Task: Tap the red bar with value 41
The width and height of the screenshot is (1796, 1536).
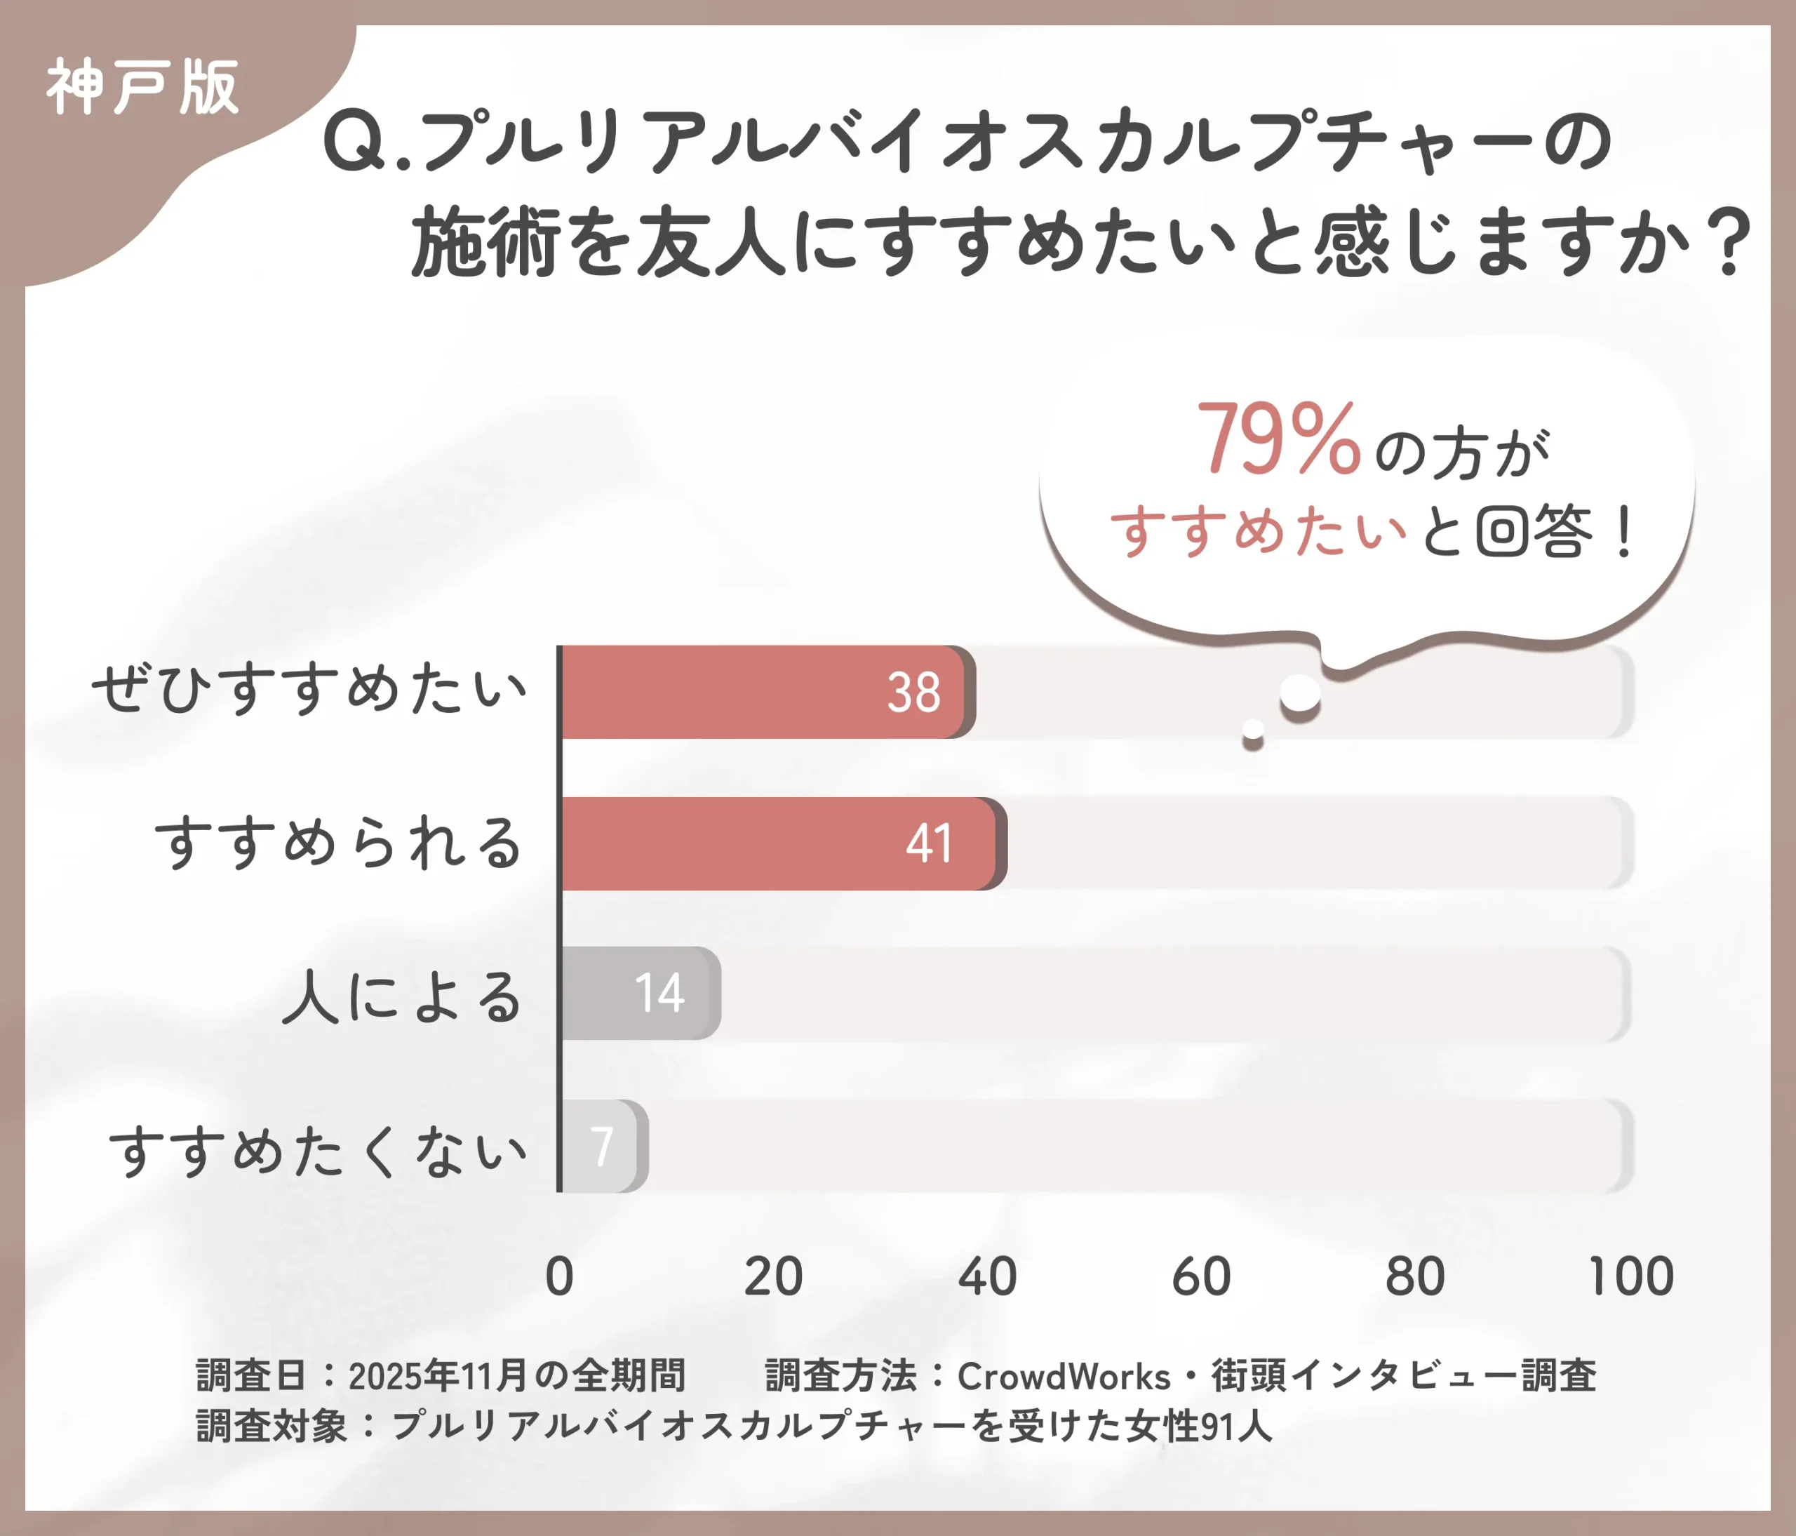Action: coord(780,843)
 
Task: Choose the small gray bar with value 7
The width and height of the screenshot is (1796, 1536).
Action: coord(603,1146)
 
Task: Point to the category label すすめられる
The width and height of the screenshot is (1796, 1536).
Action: coord(339,843)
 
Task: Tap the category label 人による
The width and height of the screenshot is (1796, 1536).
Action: coord(401,995)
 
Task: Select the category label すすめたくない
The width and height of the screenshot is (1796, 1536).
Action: coord(318,1151)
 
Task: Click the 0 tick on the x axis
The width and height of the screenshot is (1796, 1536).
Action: coord(560,1277)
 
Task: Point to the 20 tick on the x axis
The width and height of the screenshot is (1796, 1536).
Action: coord(773,1277)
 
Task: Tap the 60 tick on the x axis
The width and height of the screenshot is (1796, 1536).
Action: coord(1201,1277)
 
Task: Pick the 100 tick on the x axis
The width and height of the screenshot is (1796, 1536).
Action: coord(1630,1277)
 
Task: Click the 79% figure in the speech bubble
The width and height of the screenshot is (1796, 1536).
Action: coord(1278,441)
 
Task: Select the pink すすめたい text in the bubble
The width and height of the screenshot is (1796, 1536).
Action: coord(1259,530)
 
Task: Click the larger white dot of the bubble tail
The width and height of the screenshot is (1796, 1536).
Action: coord(1300,693)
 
